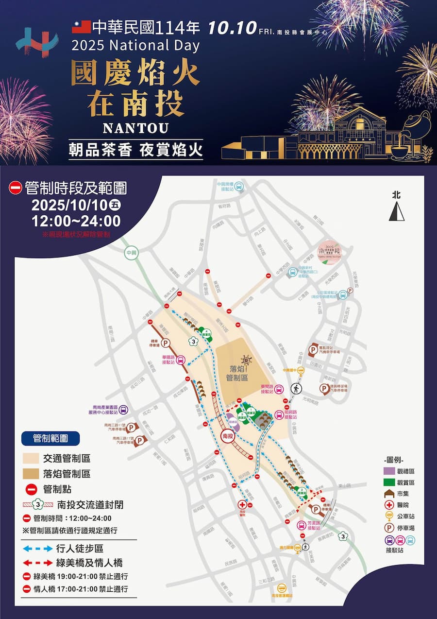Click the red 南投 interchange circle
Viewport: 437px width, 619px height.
pos(228,436)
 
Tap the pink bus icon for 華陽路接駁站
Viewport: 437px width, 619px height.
pos(181,360)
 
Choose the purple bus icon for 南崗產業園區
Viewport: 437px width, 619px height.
pos(124,410)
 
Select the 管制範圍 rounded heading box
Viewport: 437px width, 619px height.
pos(50,438)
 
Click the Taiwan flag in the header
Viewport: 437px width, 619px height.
pos(81,27)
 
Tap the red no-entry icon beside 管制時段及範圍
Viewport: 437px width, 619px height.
pos(16,188)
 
